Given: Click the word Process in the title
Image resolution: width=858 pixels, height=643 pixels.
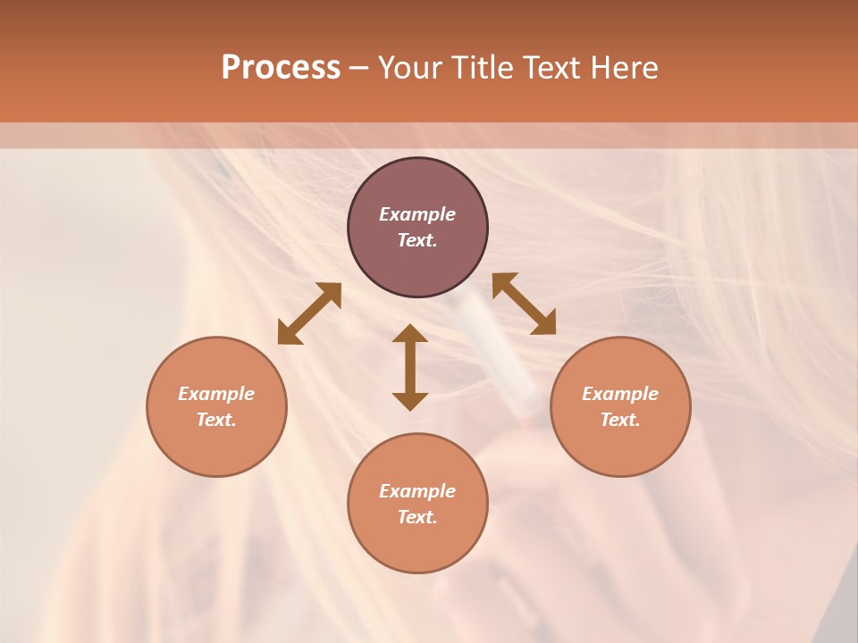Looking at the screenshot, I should (281, 68).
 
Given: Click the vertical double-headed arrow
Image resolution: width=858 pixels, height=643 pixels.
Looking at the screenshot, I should (410, 367).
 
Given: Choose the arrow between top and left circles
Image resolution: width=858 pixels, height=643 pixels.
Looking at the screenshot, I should (309, 313).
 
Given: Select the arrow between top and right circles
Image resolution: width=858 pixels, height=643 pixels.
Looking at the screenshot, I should (524, 304).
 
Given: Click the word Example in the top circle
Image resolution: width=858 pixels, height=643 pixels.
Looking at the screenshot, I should (417, 214).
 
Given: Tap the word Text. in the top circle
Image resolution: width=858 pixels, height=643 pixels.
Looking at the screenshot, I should (417, 240).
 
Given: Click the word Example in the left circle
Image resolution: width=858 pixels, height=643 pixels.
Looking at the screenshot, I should (216, 394).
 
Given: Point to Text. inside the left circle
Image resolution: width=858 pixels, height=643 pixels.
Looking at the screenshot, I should (216, 420).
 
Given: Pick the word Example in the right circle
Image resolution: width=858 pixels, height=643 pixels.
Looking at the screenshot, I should (620, 394).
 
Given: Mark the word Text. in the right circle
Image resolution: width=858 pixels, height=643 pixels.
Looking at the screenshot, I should (620, 420).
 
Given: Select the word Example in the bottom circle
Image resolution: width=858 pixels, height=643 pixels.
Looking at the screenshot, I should (417, 491).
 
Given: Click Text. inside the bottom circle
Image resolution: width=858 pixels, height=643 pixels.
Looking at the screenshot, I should (417, 517).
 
